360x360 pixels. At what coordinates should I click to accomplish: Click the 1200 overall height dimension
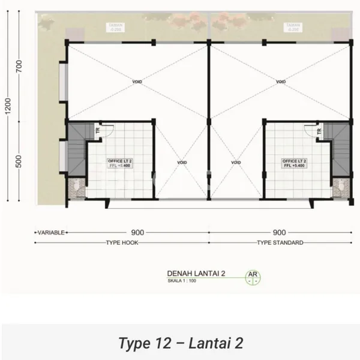(x=7, y=109)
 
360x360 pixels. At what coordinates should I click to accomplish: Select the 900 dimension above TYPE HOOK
(x=137, y=231)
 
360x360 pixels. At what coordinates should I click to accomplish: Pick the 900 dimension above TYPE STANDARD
(x=279, y=231)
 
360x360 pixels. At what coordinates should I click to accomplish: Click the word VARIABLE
(x=51, y=232)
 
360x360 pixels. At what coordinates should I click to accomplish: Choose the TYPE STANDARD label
(x=280, y=243)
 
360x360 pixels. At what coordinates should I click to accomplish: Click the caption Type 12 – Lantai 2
(x=181, y=343)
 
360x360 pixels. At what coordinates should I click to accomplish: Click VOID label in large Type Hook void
(x=137, y=82)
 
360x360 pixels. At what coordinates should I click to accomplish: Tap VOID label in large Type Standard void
(x=279, y=82)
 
